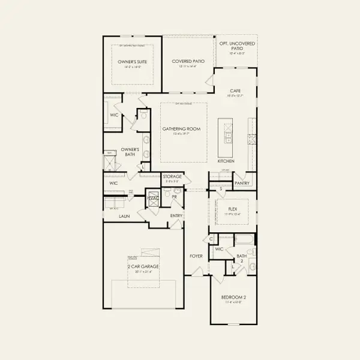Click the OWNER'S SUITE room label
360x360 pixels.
point(131,61)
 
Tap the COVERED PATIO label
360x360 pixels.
point(187,61)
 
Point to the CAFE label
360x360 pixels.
point(235,91)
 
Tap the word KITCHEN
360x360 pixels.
point(226,161)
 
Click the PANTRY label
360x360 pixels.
point(242,183)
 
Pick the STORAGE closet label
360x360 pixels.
point(172,176)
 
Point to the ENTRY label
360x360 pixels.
point(176,215)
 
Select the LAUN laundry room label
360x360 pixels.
point(124,215)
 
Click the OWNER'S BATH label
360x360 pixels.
point(130,152)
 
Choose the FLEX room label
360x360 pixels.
point(233,202)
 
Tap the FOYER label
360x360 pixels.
point(196,256)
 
